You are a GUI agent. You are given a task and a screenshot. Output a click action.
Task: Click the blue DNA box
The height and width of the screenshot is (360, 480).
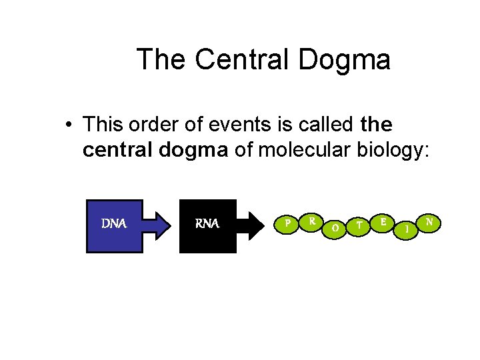[114, 226]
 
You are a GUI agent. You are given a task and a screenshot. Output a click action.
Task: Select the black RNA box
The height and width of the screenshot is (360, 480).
[207, 226]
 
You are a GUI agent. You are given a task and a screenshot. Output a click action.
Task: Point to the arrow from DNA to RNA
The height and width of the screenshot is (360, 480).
[160, 226]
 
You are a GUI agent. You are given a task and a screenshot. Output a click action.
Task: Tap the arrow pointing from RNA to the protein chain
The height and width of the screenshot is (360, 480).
[256, 226]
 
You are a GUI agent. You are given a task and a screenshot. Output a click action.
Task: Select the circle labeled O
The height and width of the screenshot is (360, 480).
[335, 228]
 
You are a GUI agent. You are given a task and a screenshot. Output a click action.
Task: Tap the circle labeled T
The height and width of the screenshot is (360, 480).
[359, 225]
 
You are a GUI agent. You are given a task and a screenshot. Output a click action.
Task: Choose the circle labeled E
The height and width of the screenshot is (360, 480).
[383, 221]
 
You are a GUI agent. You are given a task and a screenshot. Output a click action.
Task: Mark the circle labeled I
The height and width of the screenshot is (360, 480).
[407, 229]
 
